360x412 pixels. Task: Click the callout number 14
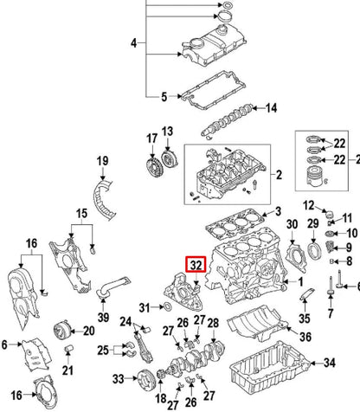[x=271, y=109]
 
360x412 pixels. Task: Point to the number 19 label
[x=102, y=161]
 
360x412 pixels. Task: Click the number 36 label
[x=304, y=338]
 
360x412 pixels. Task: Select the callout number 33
[x=118, y=377]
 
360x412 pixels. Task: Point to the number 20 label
[x=87, y=330]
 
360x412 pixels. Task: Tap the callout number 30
[x=292, y=224]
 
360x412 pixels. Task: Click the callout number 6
[x=5, y=345]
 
